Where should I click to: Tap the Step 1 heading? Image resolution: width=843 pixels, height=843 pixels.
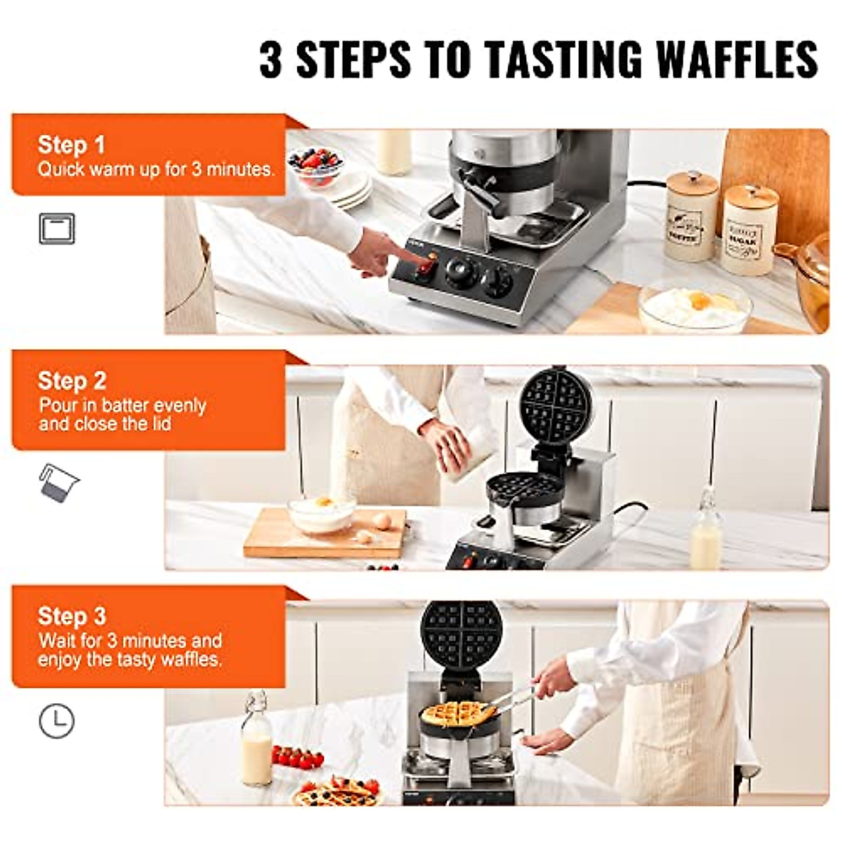(x=71, y=145)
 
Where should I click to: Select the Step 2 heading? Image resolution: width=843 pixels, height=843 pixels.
(x=72, y=381)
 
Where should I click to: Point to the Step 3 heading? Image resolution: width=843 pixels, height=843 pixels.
(x=72, y=616)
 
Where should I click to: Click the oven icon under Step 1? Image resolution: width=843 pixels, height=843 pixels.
(x=56, y=229)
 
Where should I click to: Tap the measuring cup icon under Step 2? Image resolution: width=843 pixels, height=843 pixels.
(x=59, y=483)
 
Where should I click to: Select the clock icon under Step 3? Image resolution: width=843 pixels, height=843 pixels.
(x=56, y=721)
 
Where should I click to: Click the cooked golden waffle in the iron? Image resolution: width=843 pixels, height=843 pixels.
(x=458, y=714)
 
